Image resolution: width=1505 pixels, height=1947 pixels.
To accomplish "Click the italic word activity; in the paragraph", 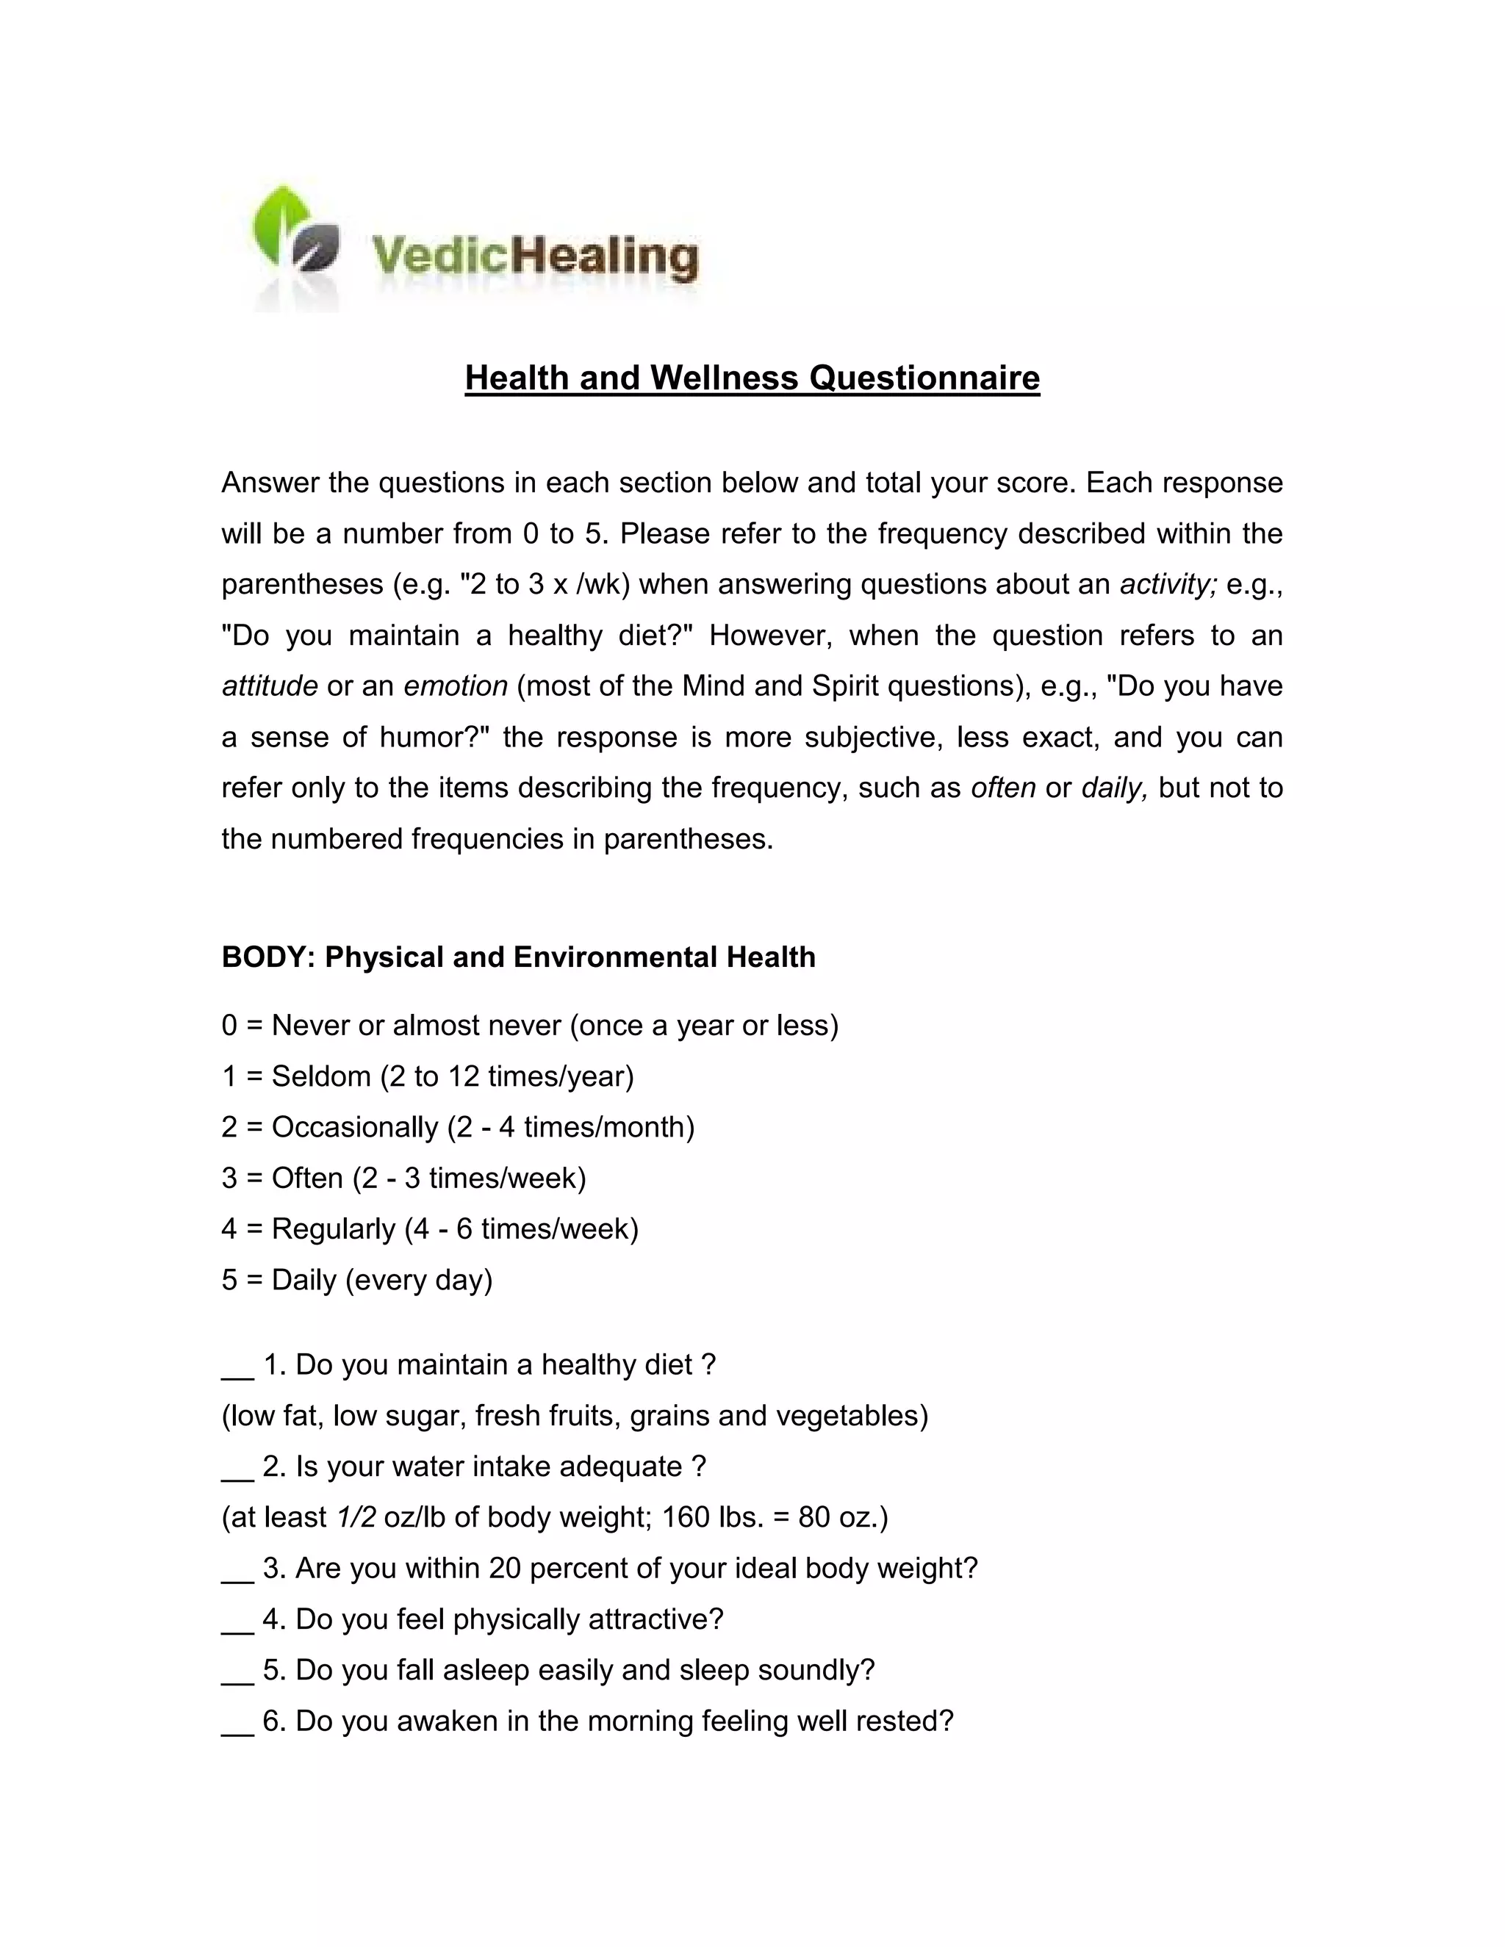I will [x=1168, y=585].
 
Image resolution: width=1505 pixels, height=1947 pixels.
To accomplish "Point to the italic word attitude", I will [x=269, y=686].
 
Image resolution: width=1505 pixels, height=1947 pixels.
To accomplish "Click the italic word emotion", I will [x=456, y=686].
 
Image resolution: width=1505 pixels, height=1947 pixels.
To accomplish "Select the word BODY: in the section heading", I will [x=268, y=957].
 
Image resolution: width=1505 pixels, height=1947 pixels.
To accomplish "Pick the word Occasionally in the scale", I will [x=355, y=1128].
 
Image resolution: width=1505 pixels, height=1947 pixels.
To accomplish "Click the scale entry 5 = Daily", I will [x=356, y=1280].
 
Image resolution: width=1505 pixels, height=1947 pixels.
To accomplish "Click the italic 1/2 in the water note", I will [x=356, y=1517].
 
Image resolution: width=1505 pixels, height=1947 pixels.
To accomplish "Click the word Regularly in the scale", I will [x=334, y=1229].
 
